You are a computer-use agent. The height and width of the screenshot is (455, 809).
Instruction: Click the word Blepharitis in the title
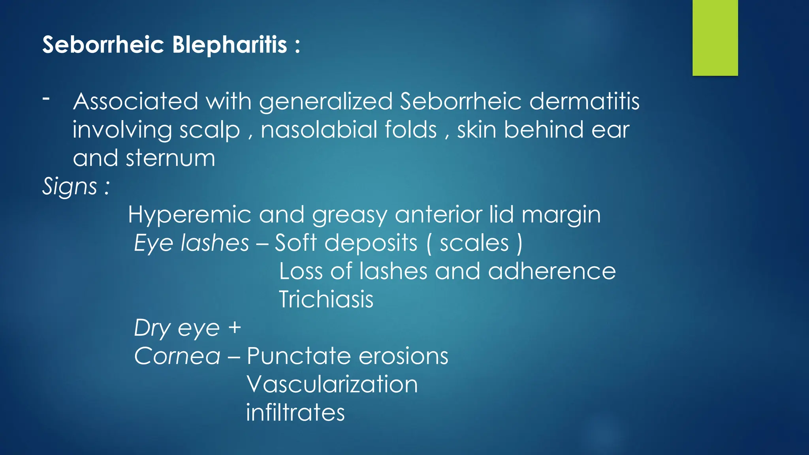[x=230, y=45]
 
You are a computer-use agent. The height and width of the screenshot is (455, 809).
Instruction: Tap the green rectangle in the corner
[x=715, y=38]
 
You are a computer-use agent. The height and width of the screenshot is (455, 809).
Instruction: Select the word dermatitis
[x=584, y=101]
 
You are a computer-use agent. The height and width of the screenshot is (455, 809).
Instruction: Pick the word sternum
[x=171, y=158]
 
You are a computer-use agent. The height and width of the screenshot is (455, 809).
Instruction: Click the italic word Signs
[x=70, y=186]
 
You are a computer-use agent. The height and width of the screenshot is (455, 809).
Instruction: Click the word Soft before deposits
[x=295, y=243]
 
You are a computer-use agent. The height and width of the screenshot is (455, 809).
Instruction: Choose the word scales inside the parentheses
[x=474, y=243]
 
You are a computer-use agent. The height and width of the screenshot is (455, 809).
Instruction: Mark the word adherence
[x=551, y=271]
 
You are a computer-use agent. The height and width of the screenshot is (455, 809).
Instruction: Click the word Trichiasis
[x=326, y=299]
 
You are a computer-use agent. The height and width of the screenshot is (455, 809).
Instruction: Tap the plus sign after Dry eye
[x=235, y=328]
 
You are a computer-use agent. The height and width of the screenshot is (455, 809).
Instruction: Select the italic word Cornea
[x=177, y=356]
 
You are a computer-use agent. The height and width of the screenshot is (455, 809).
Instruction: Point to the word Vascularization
[x=332, y=384]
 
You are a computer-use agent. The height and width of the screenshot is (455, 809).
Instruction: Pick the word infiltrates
[x=295, y=412]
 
